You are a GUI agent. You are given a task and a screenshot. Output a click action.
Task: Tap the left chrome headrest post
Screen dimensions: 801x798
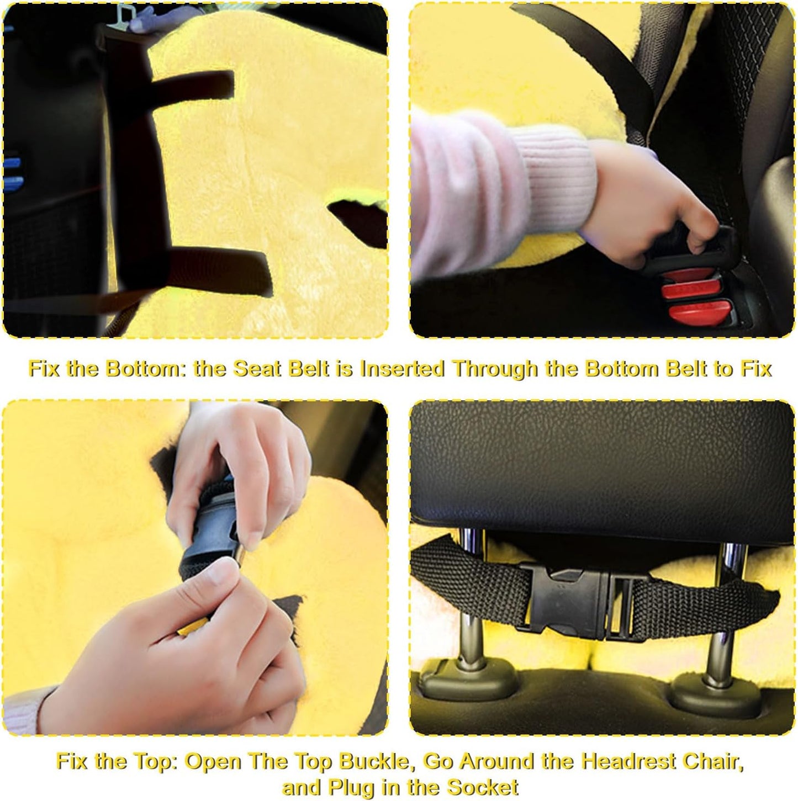pyautogui.click(x=471, y=607)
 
